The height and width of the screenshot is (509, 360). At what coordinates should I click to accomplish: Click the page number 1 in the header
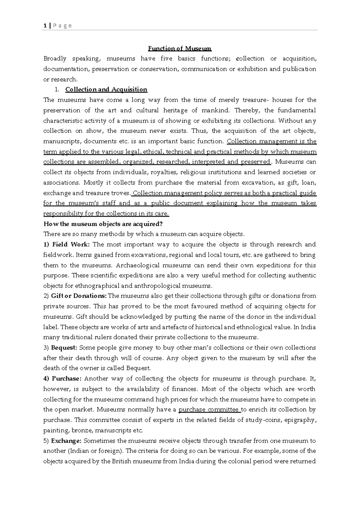point(45,26)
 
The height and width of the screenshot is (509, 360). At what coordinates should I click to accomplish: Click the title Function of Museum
point(180,48)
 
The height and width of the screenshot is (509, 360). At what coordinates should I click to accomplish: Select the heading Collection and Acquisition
point(106,89)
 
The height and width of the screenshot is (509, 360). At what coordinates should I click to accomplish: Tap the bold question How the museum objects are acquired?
point(103,224)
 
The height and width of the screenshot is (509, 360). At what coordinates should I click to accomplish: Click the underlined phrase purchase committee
point(209,410)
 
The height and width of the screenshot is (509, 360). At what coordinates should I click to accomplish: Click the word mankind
point(216,110)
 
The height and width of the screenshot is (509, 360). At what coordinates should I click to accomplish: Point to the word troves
point(121,193)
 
